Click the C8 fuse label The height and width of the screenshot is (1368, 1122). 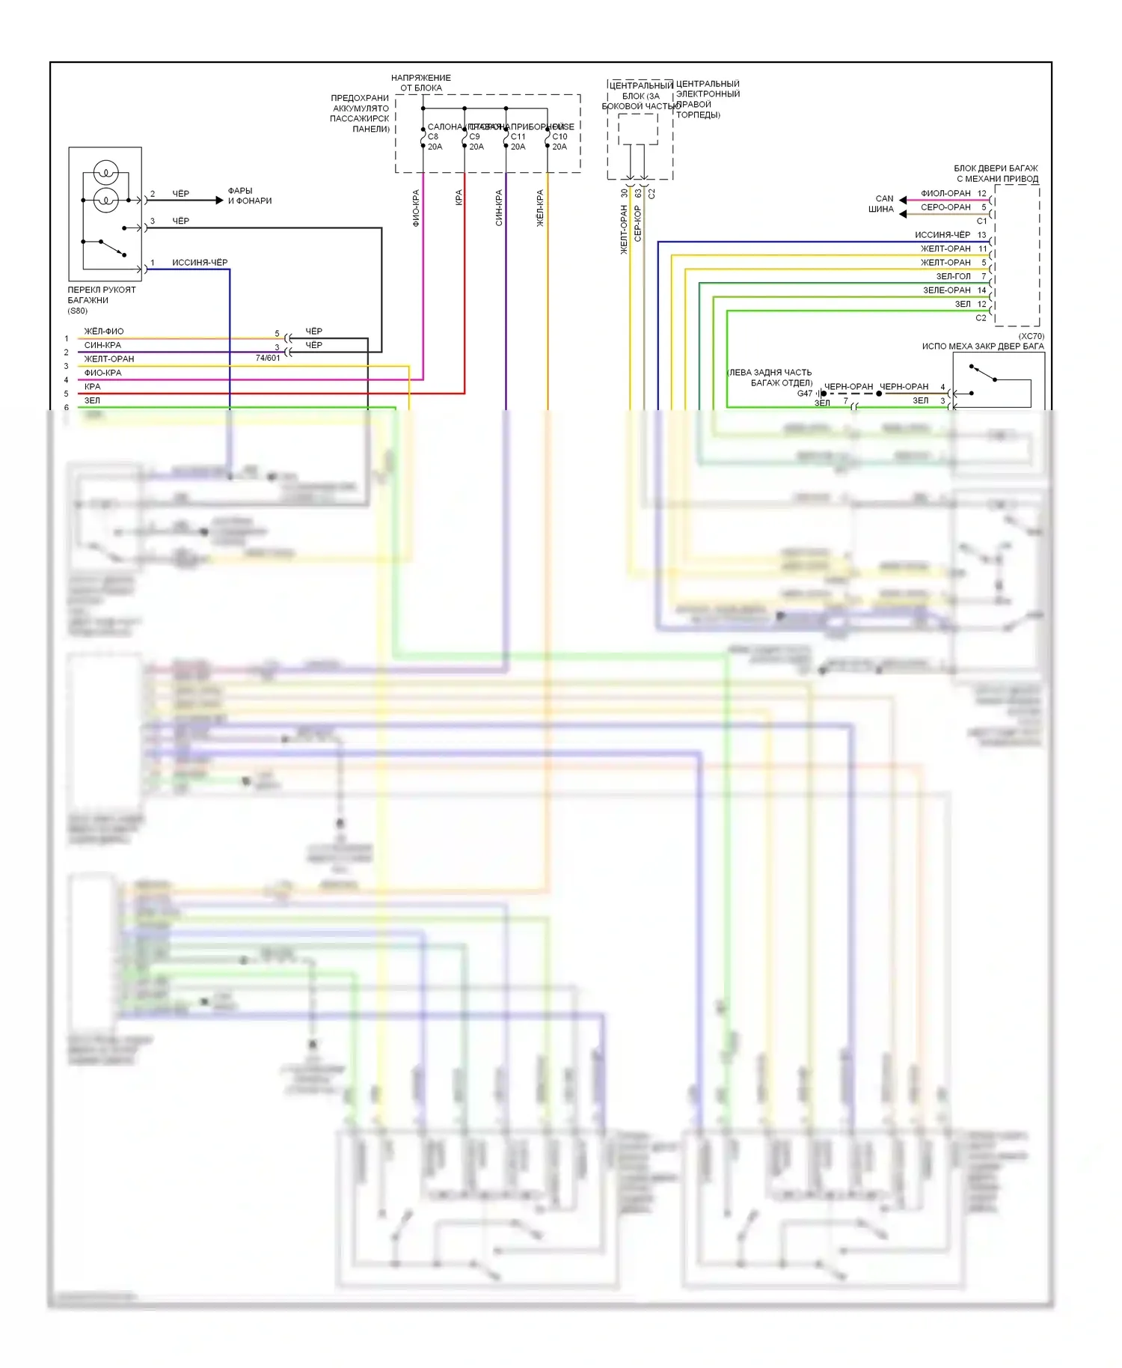point(433,137)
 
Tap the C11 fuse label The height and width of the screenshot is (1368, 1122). point(518,137)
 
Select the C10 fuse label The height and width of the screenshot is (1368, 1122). point(560,137)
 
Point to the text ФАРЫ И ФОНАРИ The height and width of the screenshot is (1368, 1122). point(249,196)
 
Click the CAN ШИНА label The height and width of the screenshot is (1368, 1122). point(883,204)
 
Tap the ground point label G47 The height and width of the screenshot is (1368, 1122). point(804,394)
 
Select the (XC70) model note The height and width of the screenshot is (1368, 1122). point(1031,337)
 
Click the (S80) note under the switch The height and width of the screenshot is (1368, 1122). point(77,311)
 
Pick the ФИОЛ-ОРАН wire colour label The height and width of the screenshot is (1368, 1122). point(945,193)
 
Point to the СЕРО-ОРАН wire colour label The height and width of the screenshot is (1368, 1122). point(945,207)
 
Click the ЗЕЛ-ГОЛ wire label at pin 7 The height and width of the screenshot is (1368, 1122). point(953,276)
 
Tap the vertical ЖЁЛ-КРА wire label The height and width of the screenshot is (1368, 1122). point(540,208)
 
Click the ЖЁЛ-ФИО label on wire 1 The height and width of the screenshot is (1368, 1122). point(104,332)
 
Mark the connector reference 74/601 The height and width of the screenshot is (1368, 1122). point(268,358)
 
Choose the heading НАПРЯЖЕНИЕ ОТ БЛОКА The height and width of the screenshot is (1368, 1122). point(421,83)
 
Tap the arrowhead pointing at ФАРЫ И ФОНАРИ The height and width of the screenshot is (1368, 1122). point(219,201)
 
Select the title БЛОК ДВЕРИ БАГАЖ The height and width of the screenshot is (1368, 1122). point(996,168)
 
